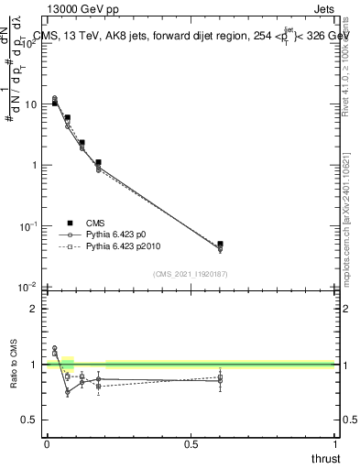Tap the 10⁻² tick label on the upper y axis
[28, 287]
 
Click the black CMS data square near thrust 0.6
[220, 245]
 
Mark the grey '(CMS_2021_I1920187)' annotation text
[191, 274]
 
